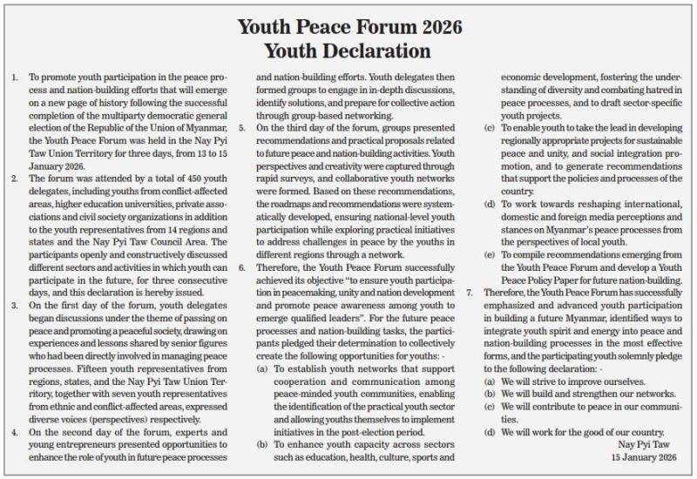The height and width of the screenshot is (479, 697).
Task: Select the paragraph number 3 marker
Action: pos(14,306)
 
